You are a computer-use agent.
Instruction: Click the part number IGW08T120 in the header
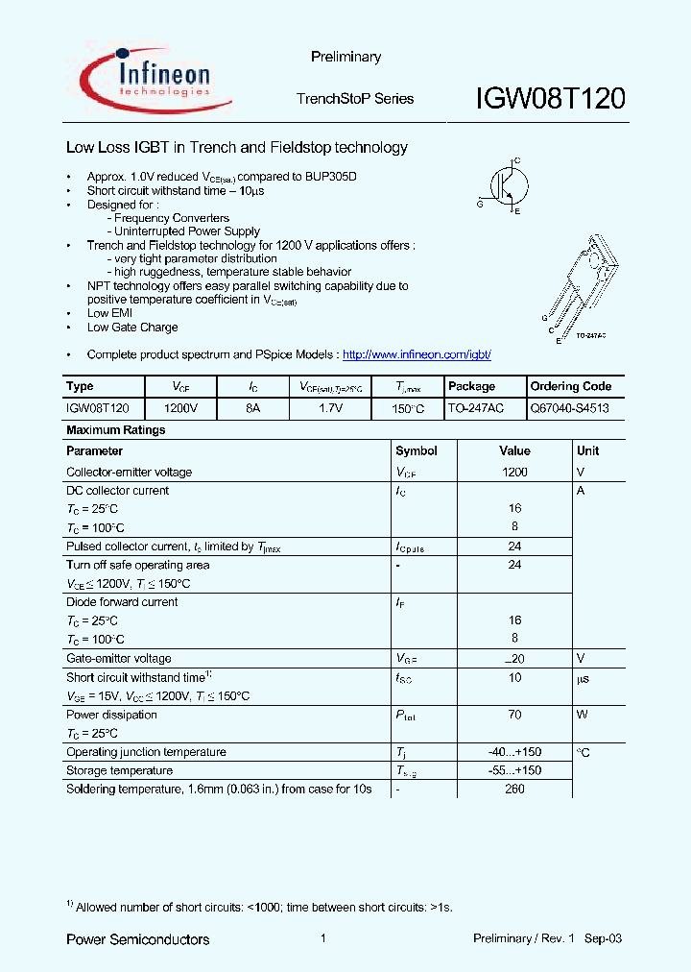click(x=551, y=99)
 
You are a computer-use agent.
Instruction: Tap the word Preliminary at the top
click(x=345, y=58)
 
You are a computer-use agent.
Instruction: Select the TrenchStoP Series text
click(x=355, y=99)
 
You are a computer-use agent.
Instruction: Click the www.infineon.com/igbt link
click(x=417, y=354)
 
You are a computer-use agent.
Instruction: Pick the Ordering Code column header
click(x=570, y=386)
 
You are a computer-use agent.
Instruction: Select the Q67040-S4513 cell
click(x=569, y=408)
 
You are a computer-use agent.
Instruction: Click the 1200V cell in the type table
click(x=180, y=408)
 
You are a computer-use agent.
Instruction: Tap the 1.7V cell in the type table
click(x=332, y=408)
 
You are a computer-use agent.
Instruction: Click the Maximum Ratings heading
click(x=115, y=430)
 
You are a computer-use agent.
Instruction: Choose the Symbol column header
click(x=416, y=450)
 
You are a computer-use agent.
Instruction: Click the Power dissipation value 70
click(x=514, y=715)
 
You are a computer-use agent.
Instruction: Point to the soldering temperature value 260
click(x=514, y=790)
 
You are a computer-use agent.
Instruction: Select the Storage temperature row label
click(x=119, y=770)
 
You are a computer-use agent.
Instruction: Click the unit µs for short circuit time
click(x=582, y=678)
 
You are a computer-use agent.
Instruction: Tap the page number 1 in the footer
click(x=323, y=938)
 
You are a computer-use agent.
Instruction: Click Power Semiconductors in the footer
click(x=137, y=938)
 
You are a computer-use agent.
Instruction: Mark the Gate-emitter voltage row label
click(x=118, y=659)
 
